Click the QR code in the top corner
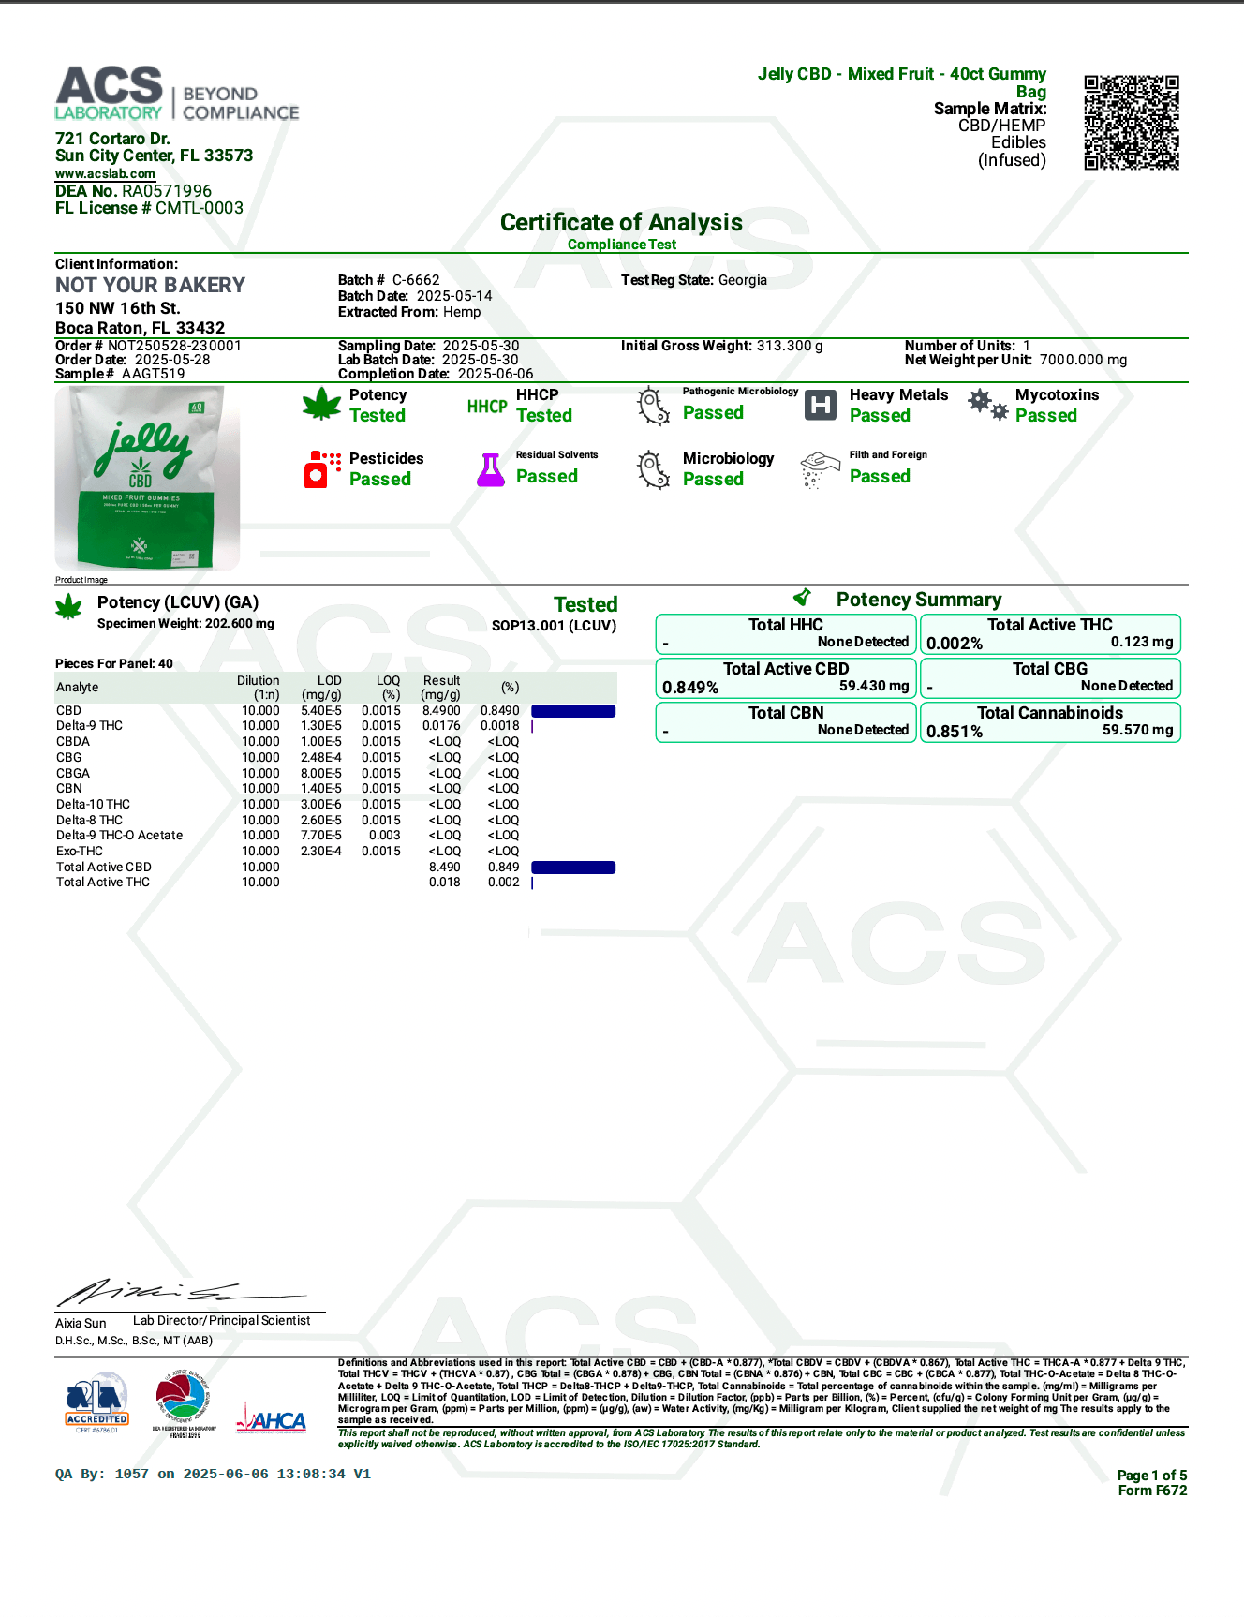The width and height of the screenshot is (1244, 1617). (1131, 123)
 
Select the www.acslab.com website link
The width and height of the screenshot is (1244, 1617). (105, 174)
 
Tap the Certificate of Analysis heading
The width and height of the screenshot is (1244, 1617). (621, 222)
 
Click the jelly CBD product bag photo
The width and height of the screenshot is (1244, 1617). (147, 477)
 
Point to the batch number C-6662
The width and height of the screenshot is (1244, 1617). (416, 280)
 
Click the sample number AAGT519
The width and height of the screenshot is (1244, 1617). (153, 374)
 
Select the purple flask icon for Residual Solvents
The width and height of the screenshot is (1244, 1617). (490, 469)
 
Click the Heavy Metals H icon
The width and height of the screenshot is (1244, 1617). (821, 405)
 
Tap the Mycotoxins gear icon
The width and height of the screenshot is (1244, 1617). (987, 405)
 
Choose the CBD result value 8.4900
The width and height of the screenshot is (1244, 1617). (441, 711)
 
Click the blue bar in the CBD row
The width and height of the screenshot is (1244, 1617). (573, 711)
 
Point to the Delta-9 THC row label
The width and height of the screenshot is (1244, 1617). (89, 726)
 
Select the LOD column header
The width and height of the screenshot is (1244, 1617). (329, 681)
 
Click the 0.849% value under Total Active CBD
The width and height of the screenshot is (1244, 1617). (690, 688)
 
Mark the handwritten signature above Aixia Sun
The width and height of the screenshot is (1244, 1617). (178, 1293)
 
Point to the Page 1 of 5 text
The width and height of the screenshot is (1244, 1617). (1151, 1476)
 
